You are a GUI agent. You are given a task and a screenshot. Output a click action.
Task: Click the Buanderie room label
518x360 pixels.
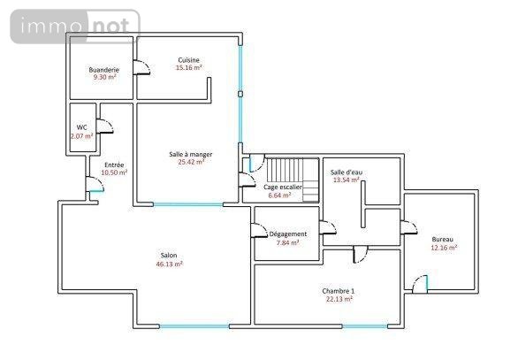click(103, 70)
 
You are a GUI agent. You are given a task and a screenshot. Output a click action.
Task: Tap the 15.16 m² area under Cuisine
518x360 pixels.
click(188, 68)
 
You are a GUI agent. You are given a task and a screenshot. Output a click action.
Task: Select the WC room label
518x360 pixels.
click(81, 127)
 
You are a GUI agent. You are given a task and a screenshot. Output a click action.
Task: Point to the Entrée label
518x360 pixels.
click(114, 165)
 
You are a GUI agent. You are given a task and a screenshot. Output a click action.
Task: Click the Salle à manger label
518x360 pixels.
click(191, 155)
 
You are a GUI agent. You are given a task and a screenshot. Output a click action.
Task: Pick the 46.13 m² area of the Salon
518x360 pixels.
click(169, 264)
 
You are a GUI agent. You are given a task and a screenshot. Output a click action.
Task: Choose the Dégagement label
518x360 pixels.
click(288, 234)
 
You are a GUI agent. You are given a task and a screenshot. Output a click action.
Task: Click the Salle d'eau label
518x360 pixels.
click(347, 172)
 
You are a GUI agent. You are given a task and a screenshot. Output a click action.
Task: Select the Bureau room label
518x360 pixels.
click(442, 240)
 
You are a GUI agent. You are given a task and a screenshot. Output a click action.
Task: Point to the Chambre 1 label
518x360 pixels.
click(339, 291)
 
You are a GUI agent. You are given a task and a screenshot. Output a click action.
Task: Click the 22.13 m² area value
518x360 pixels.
click(339, 300)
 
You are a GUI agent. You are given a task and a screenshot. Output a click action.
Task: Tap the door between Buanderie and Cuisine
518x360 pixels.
click(141, 67)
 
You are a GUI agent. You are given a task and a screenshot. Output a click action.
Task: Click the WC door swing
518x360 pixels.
click(104, 126)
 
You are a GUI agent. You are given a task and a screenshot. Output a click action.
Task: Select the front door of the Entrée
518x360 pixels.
click(95, 184)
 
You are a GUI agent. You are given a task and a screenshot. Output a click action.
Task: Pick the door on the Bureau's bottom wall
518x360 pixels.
click(420, 284)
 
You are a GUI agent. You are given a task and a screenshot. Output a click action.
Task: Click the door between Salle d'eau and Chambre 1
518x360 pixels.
click(361, 254)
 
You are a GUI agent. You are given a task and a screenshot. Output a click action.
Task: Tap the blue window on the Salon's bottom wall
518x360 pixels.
click(194, 326)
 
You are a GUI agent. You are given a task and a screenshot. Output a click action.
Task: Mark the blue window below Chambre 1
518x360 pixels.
click(365, 326)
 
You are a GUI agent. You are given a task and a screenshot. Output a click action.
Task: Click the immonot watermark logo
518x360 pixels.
click(75, 27)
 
